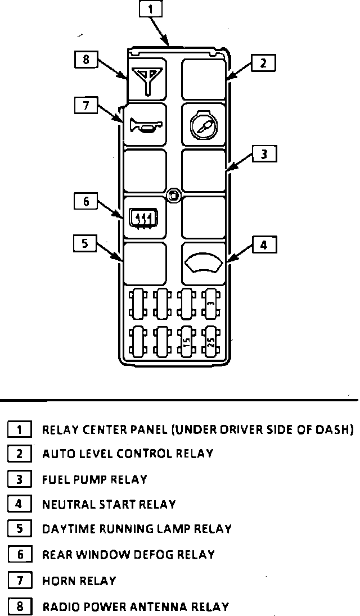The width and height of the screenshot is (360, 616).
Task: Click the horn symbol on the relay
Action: tap(145, 125)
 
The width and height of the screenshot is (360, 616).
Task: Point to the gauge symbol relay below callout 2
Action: tap(204, 125)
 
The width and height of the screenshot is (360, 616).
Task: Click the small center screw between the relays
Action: tap(174, 195)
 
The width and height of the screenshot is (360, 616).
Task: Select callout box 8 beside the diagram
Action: tap(86, 59)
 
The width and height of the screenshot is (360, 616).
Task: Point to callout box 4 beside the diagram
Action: tap(264, 245)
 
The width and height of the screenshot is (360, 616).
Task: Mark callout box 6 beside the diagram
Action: tap(86, 201)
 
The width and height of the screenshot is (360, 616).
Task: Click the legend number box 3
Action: tap(19, 479)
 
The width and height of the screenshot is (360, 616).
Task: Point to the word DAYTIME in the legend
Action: tap(66, 529)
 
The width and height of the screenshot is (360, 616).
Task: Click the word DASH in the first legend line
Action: tap(333, 430)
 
